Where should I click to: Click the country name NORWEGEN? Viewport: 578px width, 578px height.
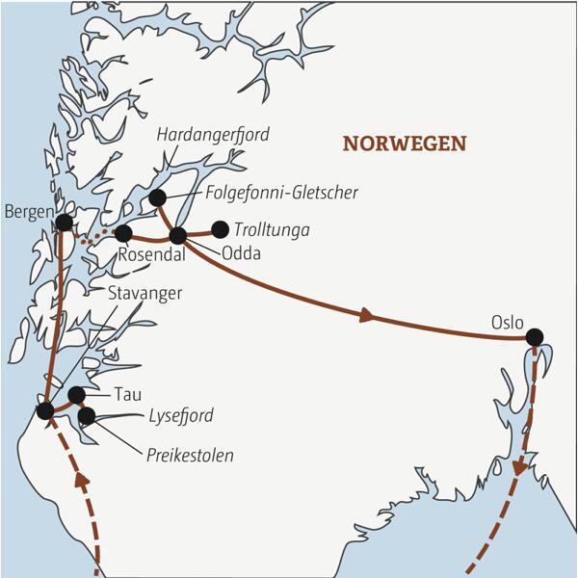click(x=405, y=144)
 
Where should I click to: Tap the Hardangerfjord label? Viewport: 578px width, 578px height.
click(x=213, y=135)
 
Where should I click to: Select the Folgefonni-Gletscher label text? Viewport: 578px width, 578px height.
click(x=281, y=193)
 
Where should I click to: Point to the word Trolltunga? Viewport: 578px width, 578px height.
click(x=273, y=229)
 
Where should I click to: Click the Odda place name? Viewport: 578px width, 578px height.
click(x=241, y=254)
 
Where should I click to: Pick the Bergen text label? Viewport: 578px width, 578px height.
click(x=28, y=211)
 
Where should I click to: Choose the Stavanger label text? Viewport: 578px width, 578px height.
click(x=145, y=293)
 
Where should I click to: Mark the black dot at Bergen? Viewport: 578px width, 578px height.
click(x=64, y=223)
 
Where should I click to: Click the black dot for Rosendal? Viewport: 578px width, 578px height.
click(x=123, y=233)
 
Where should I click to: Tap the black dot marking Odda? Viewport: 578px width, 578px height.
click(x=177, y=235)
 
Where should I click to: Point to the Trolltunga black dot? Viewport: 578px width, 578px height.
click(x=221, y=229)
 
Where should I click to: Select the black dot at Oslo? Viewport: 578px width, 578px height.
click(x=534, y=336)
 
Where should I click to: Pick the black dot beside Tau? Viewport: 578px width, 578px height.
click(x=77, y=395)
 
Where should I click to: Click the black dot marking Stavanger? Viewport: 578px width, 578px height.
click(x=44, y=411)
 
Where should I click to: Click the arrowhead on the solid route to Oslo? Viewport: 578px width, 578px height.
click(x=366, y=314)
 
